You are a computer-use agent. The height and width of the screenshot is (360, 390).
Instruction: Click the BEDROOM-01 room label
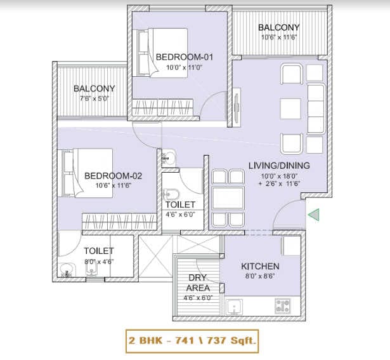tap(184, 57)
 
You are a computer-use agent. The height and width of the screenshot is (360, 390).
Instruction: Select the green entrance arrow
tap(313, 215)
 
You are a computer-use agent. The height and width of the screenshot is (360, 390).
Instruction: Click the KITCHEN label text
tap(260, 266)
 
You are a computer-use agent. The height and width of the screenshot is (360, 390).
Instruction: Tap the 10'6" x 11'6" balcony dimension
tap(278, 38)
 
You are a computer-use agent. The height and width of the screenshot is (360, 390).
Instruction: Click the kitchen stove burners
tap(283, 305)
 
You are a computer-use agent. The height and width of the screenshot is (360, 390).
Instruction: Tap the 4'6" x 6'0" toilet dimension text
tap(180, 215)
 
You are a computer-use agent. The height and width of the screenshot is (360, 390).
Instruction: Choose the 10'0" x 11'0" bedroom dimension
tap(184, 67)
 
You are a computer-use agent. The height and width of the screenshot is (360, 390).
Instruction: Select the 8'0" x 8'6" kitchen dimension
tap(260, 277)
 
